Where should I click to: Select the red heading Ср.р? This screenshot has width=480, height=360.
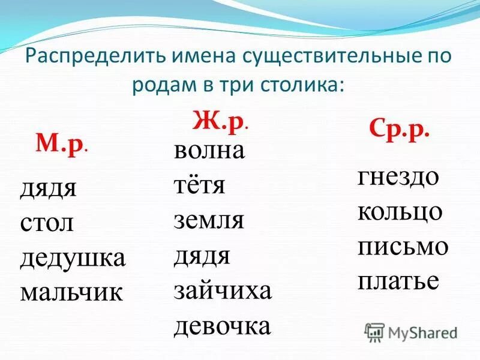(x=399, y=130)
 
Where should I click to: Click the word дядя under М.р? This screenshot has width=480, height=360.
(x=49, y=189)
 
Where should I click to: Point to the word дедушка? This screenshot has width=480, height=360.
(x=73, y=258)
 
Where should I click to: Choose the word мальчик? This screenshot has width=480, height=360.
(x=71, y=292)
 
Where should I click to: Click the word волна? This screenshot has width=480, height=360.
(x=209, y=151)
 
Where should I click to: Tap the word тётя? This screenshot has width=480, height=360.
(x=199, y=185)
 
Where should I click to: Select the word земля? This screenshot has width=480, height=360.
(x=209, y=221)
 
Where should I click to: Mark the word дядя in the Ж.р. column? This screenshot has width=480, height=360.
(x=202, y=256)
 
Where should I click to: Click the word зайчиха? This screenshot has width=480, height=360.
(x=223, y=291)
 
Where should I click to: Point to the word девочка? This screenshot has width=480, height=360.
(x=223, y=326)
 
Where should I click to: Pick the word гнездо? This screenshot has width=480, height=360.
(x=398, y=177)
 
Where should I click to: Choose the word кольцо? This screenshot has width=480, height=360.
(x=400, y=212)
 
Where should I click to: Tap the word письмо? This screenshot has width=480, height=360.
(x=403, y=247)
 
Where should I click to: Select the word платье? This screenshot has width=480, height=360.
(x=398, y=281)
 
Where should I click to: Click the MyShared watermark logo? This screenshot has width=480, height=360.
(x=412, y=331)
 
